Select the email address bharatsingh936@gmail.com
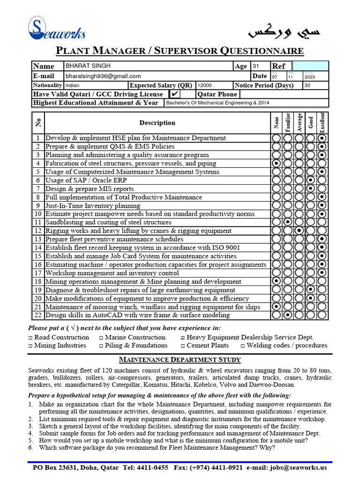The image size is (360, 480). (103, 76)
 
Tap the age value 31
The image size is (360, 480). (256, 66)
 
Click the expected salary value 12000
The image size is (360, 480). (205, 85)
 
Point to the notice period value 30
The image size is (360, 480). (307, 85)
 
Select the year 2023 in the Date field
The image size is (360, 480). (310, 77)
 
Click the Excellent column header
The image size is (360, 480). (322, 122)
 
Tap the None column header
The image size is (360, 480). (277, 123)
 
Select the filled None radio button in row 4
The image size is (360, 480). (277, 164)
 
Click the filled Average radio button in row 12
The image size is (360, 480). (299, 231)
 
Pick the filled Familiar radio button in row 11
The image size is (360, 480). (288, 223)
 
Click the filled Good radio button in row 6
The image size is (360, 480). (310, 180)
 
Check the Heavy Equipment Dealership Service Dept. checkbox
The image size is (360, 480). (183, 337)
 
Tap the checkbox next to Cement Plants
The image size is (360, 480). (183, 346)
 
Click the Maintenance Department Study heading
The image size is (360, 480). (180, 360)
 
